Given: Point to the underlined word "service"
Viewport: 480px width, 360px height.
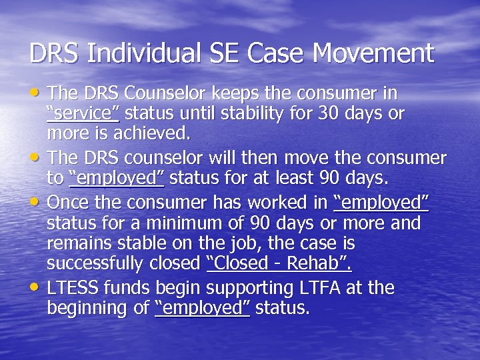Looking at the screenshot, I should click(83, 113).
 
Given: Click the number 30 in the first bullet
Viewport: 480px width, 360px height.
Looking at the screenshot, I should click(327, 113).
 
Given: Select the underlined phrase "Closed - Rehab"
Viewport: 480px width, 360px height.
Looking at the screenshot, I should click(279, 263).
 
